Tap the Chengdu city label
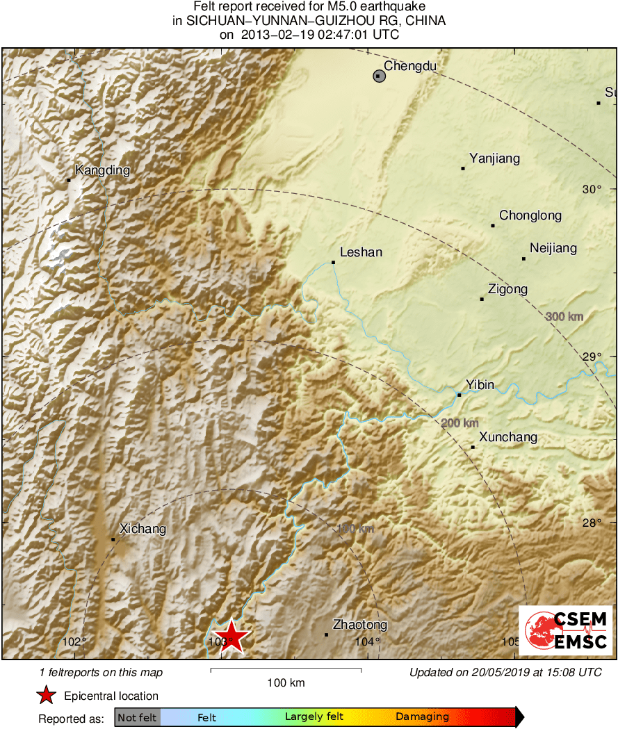click(x=409, y=66)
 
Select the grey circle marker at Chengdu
click(x=379, y=76)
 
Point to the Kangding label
click(x=102, y=170)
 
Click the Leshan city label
click(x=361, y=252)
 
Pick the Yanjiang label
click(x=494, y=158)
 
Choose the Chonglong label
click(x=530, y=215)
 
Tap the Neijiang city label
click(x=553, y=248)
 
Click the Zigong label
click(x=507, y=289)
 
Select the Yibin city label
click(x=480, y=384)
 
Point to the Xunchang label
click(x=508, y=437)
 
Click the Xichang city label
click(x=143, y=529)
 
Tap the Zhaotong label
click(x=360, y=625)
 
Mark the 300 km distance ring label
click(x=564, y=317)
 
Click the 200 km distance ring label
click(x=460, y=423)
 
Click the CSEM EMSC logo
click(x=565, y=630)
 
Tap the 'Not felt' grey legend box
click(x=137, y=717)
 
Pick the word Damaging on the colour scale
click(x=422, y=717)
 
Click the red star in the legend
click(x=46, y=695)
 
